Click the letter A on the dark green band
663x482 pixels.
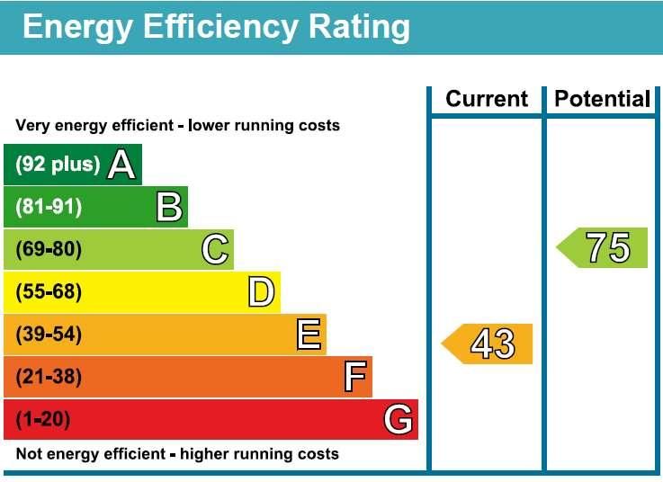[122, 165]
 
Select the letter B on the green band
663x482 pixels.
[169, 208]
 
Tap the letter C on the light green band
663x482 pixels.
[215, 250]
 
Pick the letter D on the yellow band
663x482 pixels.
[261, 292]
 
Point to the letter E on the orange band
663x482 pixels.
[308, 335]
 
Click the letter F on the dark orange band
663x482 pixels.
[355, 378]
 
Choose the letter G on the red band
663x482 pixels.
[399, 420]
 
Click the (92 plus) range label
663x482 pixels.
[58, 165]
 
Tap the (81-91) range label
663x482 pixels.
[49, 208]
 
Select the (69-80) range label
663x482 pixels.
[49, 250]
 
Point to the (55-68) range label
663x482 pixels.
[49, 292]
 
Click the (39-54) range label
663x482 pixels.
[49, 335]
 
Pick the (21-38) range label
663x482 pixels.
[49, 378]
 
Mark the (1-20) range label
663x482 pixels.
[42, 420]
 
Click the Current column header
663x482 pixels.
[487, 99]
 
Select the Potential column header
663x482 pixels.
[602, 99]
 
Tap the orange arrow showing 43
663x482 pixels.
[488, 344]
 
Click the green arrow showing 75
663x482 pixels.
[603, 247]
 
